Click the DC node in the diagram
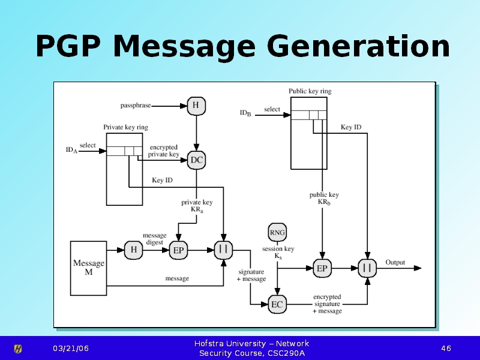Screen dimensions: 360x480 [196, 160]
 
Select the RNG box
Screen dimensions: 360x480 [277, 232]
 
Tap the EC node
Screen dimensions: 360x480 [277, 304]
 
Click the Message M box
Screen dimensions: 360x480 [88, 268]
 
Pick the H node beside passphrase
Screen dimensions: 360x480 [196, 106]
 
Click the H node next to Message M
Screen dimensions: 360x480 [133, 250]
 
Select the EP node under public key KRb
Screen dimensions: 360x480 [322, 268]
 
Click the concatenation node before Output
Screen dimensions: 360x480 [367, 268]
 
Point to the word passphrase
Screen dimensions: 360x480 [135, 106]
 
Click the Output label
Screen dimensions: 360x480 [395, 262]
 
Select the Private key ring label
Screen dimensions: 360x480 [125, 127]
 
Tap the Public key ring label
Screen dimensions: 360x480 [310, 91]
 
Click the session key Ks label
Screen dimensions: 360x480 [278, 252]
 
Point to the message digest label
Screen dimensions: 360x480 [154, 239]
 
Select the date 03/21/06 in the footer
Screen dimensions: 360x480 [70, 349]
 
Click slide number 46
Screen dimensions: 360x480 [446, 349]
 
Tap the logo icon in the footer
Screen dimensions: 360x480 [19, 349]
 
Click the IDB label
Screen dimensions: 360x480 [245, 113]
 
